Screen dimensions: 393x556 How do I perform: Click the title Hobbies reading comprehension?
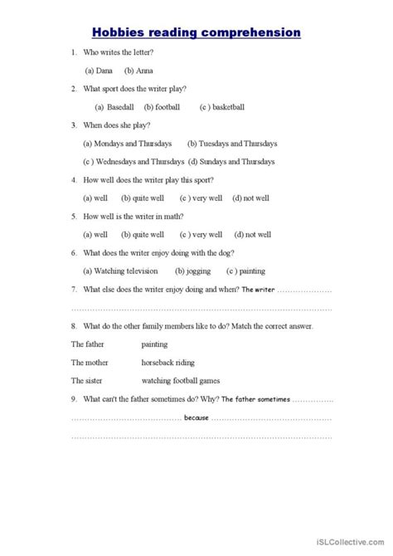click(196, 32)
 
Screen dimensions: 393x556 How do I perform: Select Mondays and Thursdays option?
click(129, 143)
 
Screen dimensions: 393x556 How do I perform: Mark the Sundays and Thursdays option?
click(231, 161)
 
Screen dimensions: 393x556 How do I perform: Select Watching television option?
click(124, 271)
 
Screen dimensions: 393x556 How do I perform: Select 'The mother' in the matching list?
click(90, 362)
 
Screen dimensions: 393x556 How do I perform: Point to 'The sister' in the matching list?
click(87, 380)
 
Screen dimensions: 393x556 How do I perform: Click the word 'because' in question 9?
click(196, 418)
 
